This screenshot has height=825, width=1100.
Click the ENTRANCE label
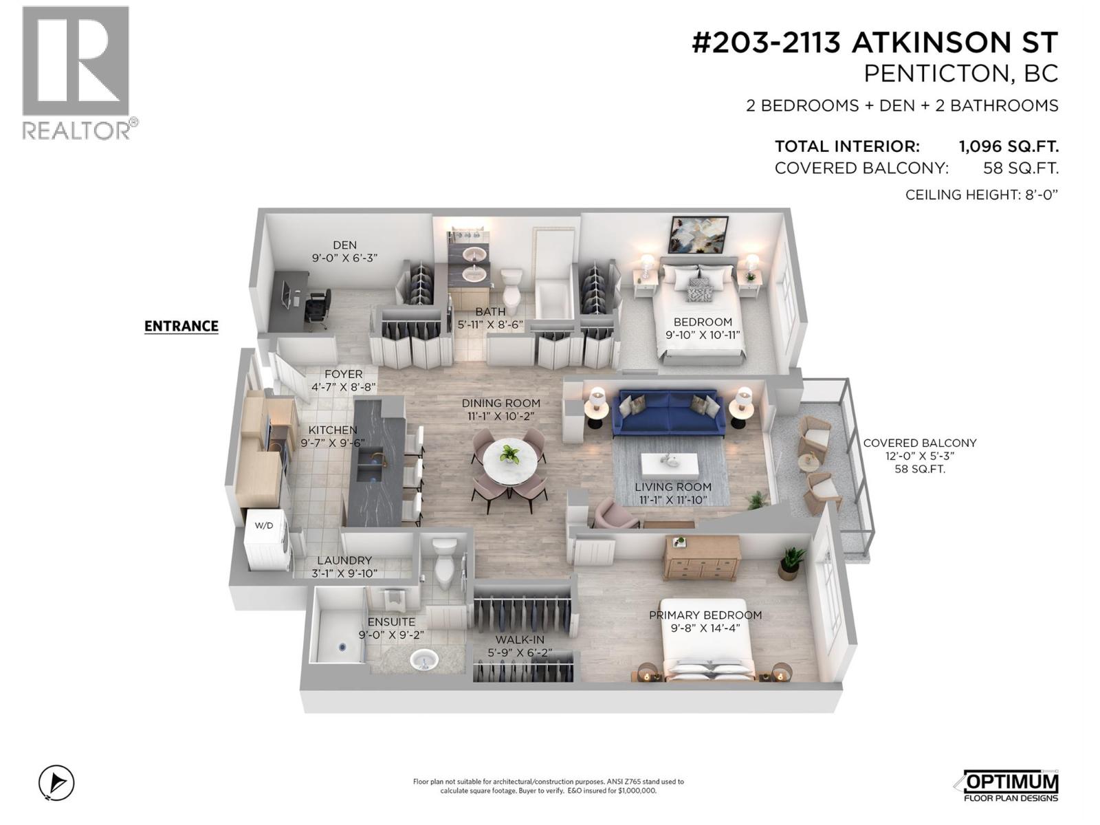[181, 326]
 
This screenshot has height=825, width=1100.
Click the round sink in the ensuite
[424, 661]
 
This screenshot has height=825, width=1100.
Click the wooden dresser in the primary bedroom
[701, 558]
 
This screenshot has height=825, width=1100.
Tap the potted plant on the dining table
[509, 454]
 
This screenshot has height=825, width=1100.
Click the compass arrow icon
[56, 782]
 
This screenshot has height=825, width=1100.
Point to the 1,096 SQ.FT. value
[1008, 146]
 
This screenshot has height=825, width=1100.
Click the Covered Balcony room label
[919, 443]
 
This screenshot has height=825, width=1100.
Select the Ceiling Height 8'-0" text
[981, 195]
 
